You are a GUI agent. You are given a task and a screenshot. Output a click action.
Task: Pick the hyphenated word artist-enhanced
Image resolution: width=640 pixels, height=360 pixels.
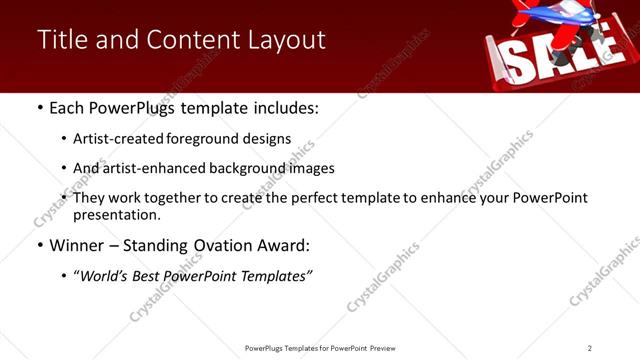click(153, 169)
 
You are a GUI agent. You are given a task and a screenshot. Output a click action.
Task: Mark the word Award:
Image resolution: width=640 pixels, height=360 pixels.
click(283, 245)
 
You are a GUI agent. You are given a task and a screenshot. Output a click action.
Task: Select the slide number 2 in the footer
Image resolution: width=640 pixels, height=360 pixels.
click(590, 348)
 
